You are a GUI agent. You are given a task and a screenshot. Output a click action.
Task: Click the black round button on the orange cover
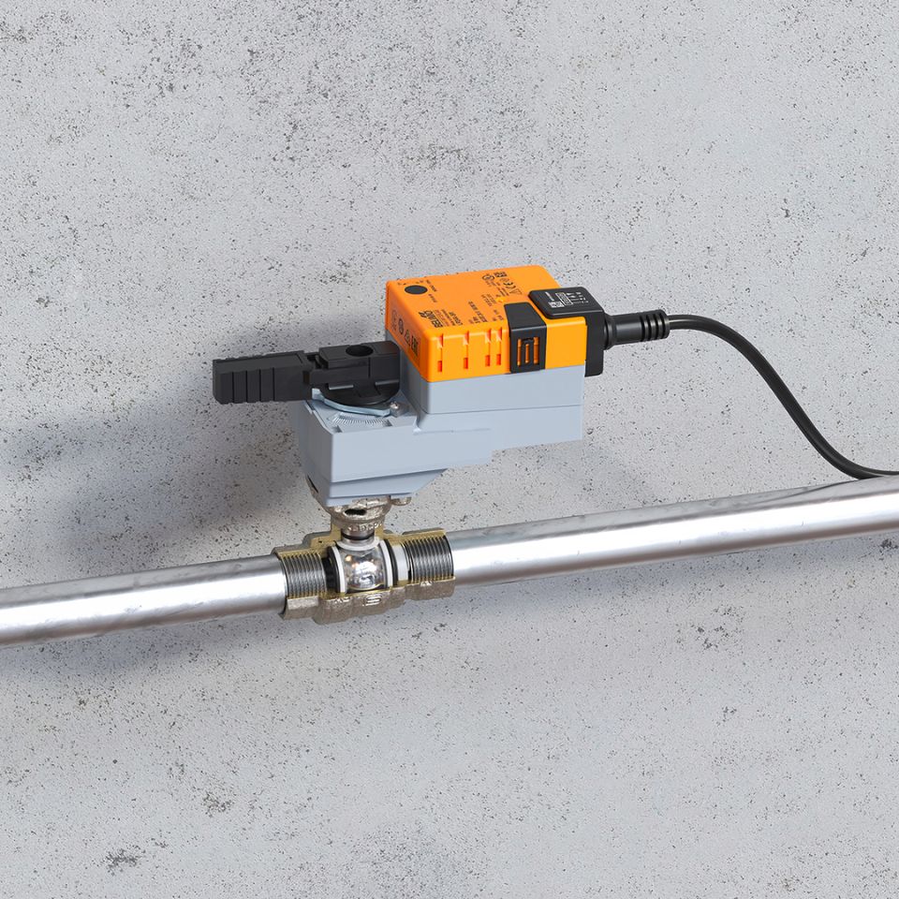pos(411,293)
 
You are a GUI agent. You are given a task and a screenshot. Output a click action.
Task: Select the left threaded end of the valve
pos(302,574)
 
